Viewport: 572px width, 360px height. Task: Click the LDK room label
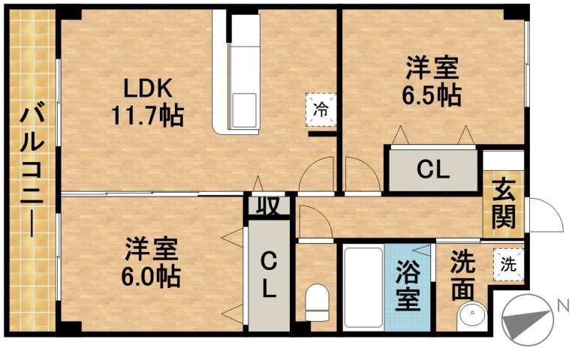tap(149, 89)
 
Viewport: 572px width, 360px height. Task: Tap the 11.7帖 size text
tap(149, 116)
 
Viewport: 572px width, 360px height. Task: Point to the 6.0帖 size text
tap(152, 275)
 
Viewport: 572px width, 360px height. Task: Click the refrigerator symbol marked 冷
tap(321, 108)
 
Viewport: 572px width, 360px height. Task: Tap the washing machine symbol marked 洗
tap(508, 264)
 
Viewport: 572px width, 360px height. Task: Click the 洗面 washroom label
tap(462, 276)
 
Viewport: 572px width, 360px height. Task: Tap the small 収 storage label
tap(265, 205)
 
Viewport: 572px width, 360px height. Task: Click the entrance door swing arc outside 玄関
tap(547, 215)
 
